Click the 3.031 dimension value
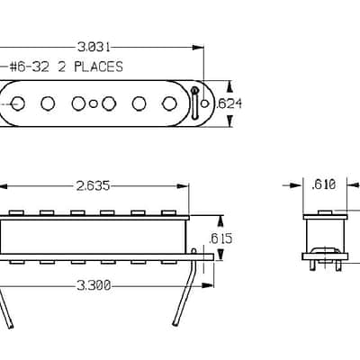point(94,47)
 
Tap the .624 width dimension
point(229,103)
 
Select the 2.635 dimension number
point(93,186)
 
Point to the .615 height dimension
point(221,238)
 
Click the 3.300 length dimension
point(94,285)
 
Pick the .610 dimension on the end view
point(324,184)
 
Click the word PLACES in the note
point(99,67)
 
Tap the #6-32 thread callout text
point(30,67)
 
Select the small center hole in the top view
point(94,103)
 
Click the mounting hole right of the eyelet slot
point(205,103)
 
